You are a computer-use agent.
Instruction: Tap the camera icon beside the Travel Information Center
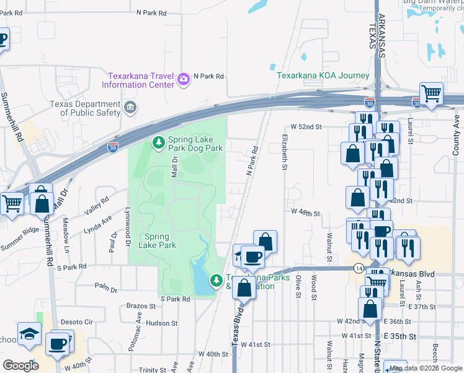[x=184, y=78]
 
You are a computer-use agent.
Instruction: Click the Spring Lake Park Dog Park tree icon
[x=159, y=144]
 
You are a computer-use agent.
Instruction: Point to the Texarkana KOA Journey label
[x=323, y=76]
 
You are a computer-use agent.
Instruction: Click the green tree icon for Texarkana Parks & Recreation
[x=216, y=281]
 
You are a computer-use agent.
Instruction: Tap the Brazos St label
[x=140, y=306]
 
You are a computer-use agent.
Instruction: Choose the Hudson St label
[x=163, y=323]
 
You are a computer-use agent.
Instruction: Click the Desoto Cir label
[x=77, y=322]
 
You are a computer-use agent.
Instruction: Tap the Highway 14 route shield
[x=359, y=268]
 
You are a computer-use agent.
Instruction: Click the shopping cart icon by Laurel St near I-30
[x=431, y=94]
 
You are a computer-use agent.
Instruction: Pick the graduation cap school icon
[x=29, y=334]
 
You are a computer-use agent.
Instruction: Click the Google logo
[x=20, y=366]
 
